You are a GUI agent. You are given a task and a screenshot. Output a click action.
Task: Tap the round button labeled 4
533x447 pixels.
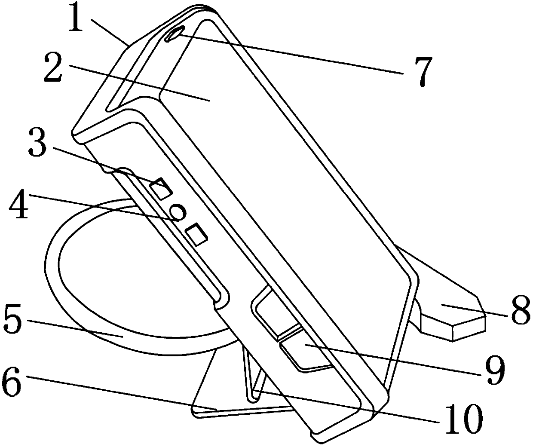click(178, 211)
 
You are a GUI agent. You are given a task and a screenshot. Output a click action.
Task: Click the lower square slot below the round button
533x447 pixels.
click(197, 234)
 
